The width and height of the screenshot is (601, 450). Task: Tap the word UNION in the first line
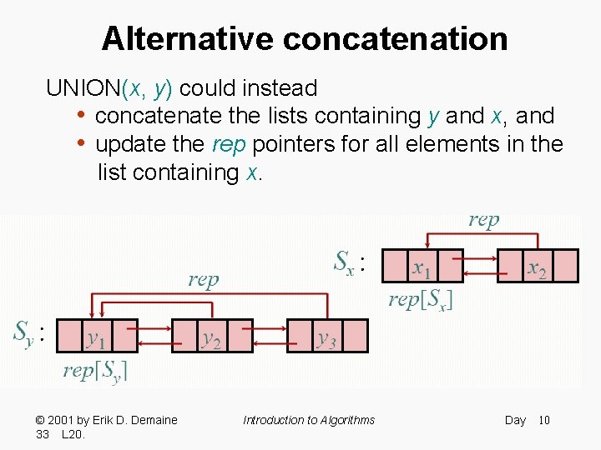(x=83, y=87)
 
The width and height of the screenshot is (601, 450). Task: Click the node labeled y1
(x=97, y=337)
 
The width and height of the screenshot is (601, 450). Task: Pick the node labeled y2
(x=212, y=337)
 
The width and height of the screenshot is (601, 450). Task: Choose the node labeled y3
(x=327, y=337)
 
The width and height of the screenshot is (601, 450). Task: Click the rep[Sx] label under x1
(x=421, y=300)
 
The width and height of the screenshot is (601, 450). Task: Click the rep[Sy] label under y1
(x=95, y=370)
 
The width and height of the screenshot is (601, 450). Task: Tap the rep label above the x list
(x=484, y=220)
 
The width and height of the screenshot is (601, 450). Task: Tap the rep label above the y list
(x=203, y=279)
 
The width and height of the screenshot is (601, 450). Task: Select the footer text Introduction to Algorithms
(x=309, y=420)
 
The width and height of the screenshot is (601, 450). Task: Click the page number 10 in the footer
(x=543, y=420)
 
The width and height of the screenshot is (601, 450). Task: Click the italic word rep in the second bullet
(x=229, y=144)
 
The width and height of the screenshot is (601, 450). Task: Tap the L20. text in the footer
(x=75, y=435)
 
